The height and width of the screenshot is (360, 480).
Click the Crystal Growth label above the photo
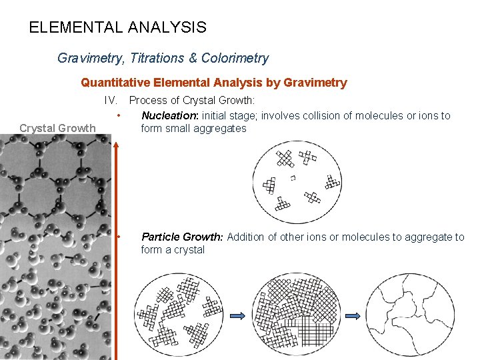pyautogui.click(x=57, y=128)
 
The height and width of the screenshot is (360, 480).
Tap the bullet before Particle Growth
pyautogui.click(x=118, y=237)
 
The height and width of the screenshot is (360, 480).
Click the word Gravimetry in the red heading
pyautogui.click(x=315, y=83)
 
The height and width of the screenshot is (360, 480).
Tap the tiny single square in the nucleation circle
pyautogui.click(x=293, y=177)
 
